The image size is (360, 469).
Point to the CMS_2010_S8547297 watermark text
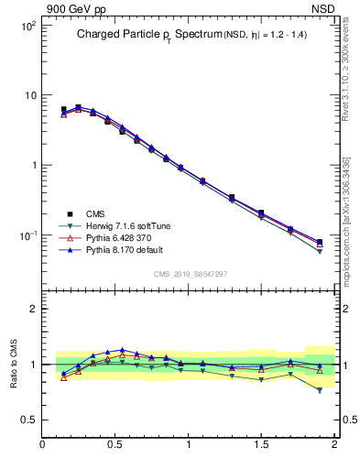click(190, 274)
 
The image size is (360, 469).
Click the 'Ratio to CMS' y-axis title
click(14, 364)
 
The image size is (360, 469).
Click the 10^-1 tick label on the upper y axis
click(27, 235)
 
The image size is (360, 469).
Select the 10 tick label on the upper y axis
click(29, 96)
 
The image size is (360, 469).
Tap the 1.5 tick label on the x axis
click(262, 445)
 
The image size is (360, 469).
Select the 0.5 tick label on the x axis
click(115, 445)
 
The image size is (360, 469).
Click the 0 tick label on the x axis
click(43, 445)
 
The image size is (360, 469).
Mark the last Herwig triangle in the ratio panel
click(320, 390)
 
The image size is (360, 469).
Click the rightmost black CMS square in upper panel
click(320, 243)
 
